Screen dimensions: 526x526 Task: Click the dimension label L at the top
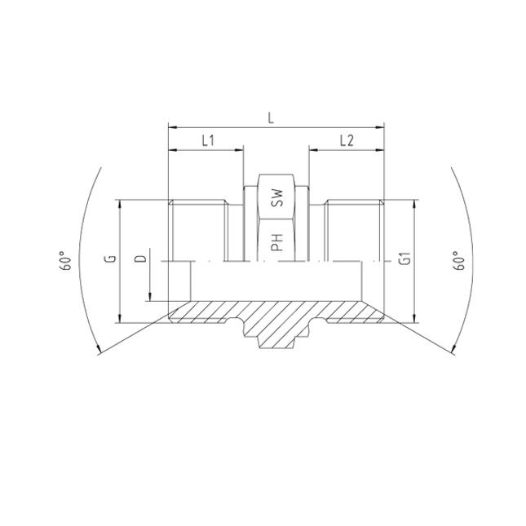272,118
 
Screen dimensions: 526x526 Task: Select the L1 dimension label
207,141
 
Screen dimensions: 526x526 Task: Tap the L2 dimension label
345,141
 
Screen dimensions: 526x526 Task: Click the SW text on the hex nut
276,197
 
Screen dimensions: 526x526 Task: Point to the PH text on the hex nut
276,241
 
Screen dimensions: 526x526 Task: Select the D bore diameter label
140,259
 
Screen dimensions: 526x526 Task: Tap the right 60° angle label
458,261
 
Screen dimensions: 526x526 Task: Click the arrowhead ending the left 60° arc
99,350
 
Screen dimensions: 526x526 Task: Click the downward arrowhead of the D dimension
151,296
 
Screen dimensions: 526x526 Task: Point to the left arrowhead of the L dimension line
171,126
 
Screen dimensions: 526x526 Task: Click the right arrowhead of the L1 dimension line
240,149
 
